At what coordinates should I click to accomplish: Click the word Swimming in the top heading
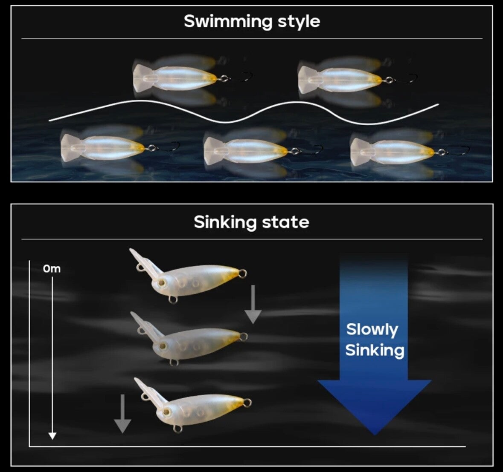[228, 22]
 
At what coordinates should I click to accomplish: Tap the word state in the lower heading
[285, 222]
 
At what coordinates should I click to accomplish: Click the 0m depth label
[52, 269]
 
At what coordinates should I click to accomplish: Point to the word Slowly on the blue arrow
[372, 330]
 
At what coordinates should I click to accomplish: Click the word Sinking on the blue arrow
[375, 350]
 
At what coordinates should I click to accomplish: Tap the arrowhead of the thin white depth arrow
[52, 435]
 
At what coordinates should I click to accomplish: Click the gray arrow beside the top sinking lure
[253, 304]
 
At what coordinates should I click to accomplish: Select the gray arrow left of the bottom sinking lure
[122, 414]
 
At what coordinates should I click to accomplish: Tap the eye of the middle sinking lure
[163, 346]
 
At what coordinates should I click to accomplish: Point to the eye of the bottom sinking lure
[166, 412]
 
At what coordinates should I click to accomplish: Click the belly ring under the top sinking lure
[173, 299]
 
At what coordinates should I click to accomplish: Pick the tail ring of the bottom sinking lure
[247, 403]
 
